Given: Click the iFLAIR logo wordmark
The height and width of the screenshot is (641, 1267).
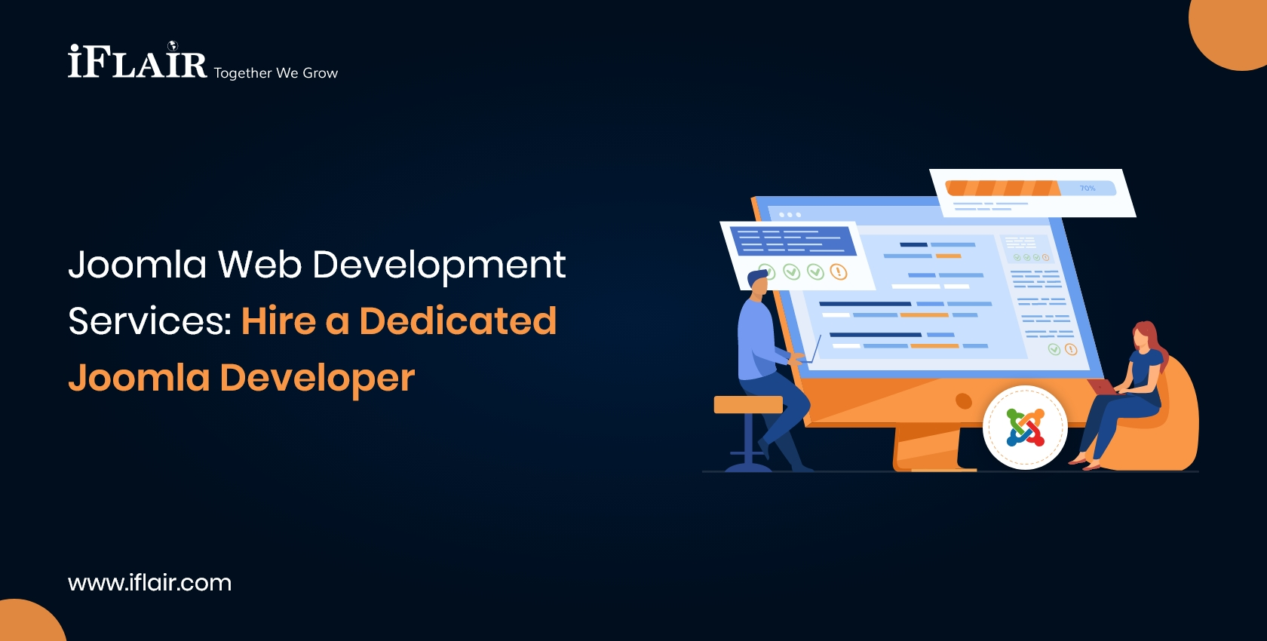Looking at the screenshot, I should [137, 62].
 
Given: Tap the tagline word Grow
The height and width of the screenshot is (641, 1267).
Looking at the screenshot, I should [321, 73].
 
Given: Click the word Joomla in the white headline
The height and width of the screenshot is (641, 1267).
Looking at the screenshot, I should [137, 265].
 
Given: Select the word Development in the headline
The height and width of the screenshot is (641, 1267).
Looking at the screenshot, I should [438, 265].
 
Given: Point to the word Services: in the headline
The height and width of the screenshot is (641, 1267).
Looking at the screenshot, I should [149, 321].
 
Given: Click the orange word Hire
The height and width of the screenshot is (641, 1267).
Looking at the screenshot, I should [278, 321].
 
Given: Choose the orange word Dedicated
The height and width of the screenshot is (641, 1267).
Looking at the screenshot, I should [458, 321].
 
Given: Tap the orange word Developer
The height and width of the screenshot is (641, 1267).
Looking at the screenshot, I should [317, 378].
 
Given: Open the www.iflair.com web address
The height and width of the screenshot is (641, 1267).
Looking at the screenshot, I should [149, 582].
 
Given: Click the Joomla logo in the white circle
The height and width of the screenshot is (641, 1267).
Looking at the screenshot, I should [1025, 428].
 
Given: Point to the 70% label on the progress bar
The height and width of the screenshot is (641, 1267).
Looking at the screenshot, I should [1088, 188].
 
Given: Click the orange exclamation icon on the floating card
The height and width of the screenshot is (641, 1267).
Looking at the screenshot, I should [838, 271].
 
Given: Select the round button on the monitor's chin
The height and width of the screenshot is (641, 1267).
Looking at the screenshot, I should [963, 400].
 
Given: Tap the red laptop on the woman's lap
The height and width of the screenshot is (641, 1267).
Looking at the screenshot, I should [1103, 387].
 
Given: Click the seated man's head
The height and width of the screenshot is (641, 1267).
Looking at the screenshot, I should [758, 283].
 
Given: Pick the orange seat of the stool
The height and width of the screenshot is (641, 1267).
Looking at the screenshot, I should [747, 405].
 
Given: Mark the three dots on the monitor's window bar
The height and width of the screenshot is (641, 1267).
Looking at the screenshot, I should [790, 215].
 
